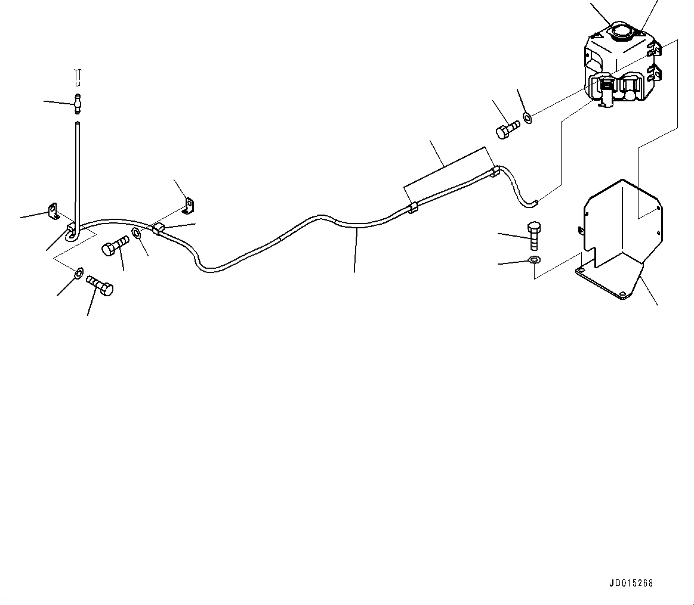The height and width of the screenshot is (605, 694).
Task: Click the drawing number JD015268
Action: tap(631, 583)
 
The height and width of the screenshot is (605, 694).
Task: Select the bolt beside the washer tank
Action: tap(507, 129)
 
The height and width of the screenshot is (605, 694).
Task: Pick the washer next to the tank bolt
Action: tap(528, 117)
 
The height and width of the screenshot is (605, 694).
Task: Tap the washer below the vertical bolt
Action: tap(534, 260)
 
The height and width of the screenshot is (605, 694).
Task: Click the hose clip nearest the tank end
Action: tap(493, 173)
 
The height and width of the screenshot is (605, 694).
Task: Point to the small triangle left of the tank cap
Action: tap(597, 36)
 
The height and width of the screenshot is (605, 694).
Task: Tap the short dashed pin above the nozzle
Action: tap(78, 76)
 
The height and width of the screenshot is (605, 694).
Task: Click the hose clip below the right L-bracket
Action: tap(159, 228)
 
